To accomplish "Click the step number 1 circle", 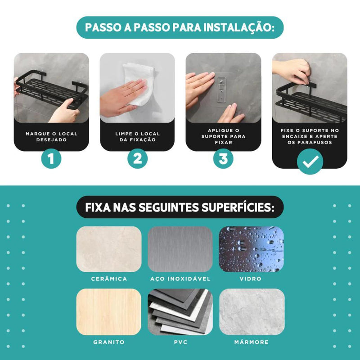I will [x=51, y=158].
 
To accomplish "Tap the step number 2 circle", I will [x=137, y=158].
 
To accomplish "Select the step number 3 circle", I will [x=223, y=158].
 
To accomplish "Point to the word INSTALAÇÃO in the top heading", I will [x=237, y=27].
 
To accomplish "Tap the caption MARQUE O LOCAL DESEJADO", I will [x=51, y=137].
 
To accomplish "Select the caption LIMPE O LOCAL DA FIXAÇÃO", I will [x=137, y=137].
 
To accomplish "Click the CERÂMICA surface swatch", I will [x=109, y=249].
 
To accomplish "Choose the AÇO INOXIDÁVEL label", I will [x=180, y=279].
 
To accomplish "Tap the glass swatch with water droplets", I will [x=251, y=249].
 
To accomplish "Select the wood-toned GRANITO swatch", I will [x=109, y=311].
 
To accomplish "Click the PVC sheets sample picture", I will [x=180, y=311].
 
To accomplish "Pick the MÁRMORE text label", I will [x=251, y=342].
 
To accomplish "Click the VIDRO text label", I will [x=251, y=279].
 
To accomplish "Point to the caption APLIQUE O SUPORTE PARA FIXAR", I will [x=223, y=136].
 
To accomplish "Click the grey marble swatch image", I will [x=251, y=311].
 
